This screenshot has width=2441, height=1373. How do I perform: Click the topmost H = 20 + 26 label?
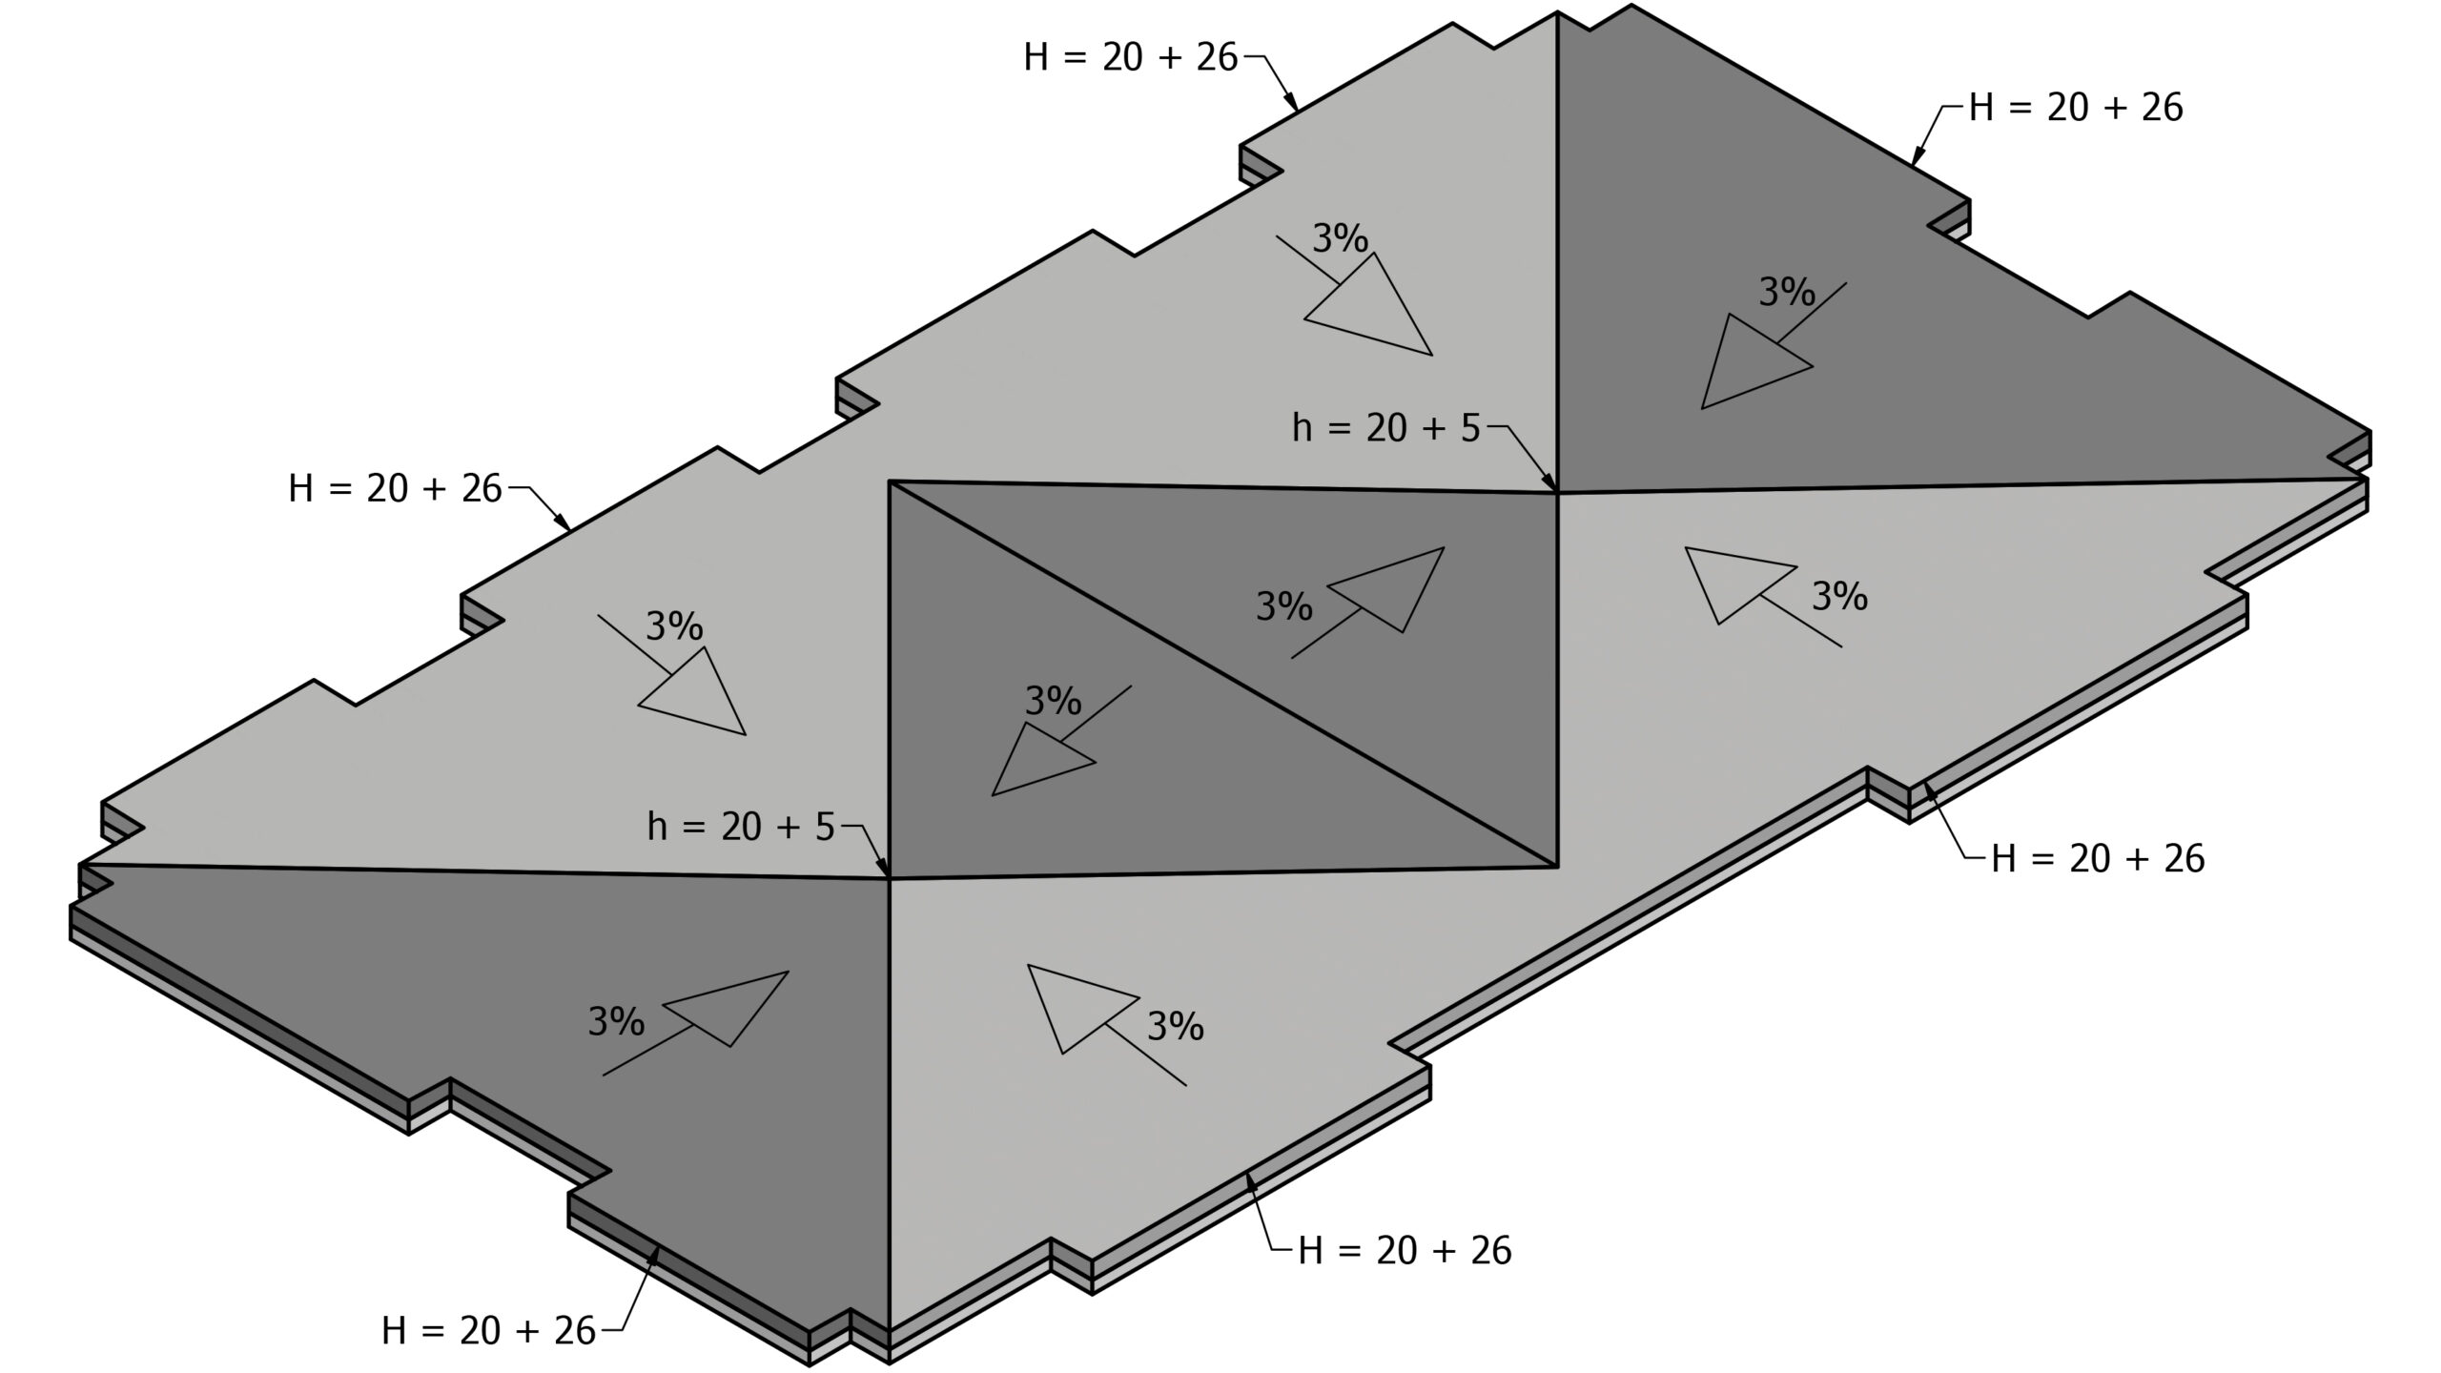[1131, 58]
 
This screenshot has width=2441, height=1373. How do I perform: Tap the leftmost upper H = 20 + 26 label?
[395, 489]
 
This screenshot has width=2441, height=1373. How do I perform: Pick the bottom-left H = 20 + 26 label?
[488, 1330]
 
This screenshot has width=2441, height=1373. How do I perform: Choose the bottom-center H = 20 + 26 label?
[1405, 1250]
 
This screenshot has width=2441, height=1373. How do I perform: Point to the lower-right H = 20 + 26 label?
[2098, 859]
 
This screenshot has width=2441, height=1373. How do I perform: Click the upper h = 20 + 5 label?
[1386, 429]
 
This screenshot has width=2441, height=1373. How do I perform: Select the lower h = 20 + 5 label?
[741, 827]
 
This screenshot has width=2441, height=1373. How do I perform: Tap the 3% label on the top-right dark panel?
[1787, 292]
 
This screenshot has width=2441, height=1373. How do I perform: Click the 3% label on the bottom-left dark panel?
[616, 1022]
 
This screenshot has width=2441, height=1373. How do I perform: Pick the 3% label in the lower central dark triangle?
[1053, 702]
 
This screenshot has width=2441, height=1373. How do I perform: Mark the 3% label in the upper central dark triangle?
[1284, 606]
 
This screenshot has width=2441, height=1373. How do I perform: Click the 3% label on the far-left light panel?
[674, 626]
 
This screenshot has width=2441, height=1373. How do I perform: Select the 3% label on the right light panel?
[1839, 597]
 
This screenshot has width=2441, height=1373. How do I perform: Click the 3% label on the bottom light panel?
[1175, 1027]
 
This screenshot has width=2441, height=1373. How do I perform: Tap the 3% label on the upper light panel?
[1341, 238]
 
